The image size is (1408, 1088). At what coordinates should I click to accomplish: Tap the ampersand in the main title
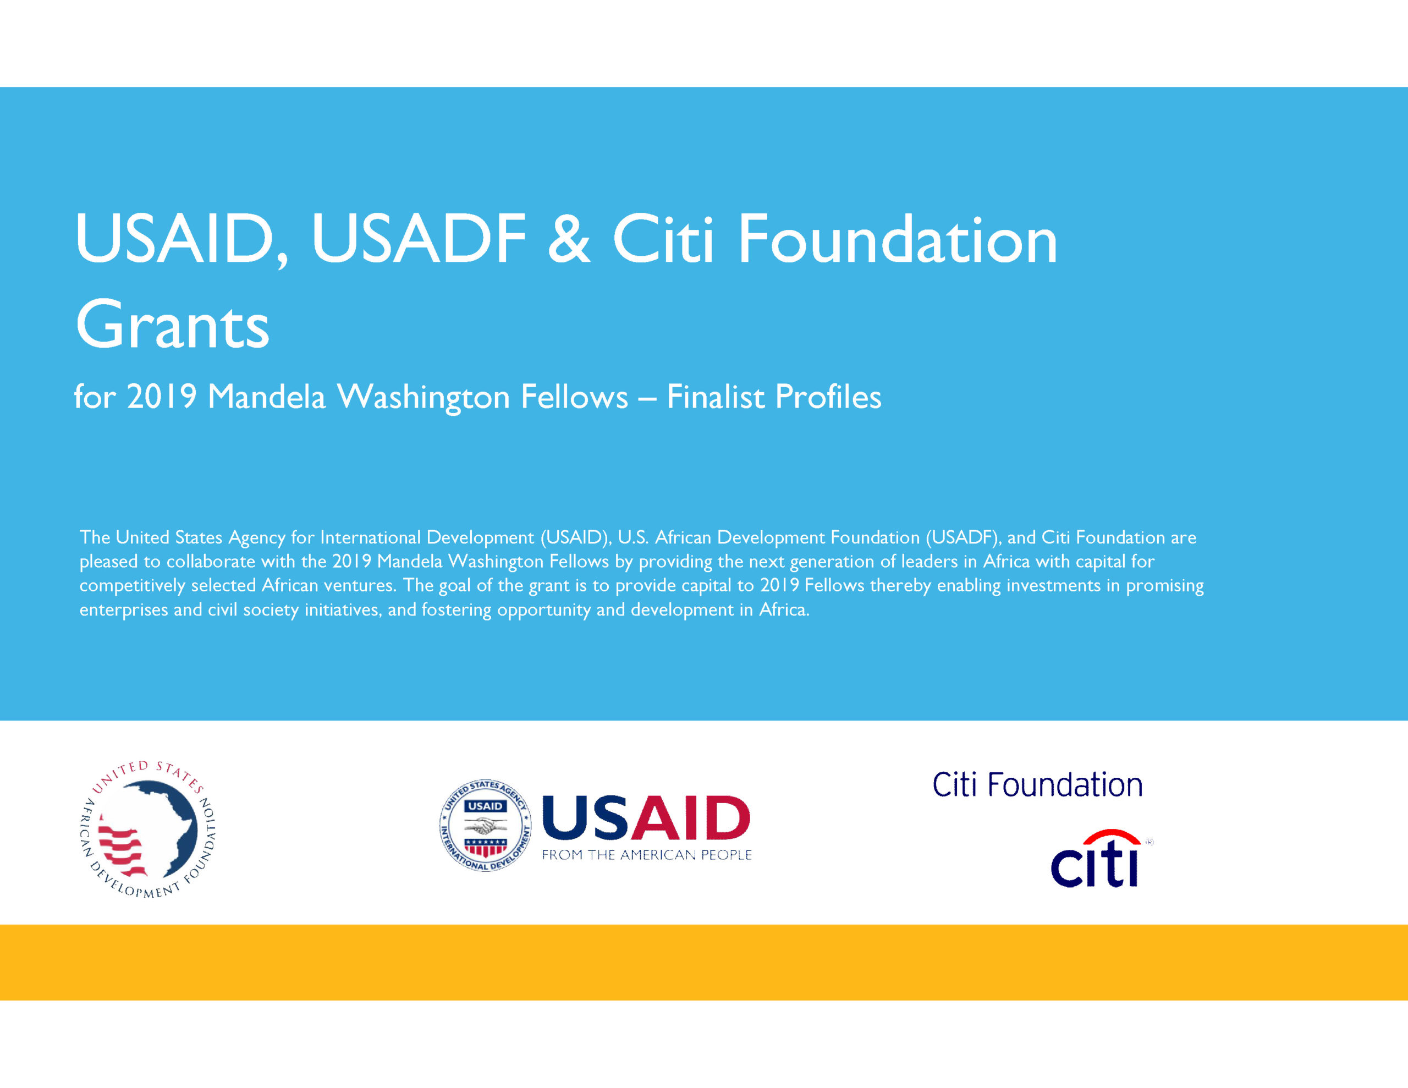[569, 239]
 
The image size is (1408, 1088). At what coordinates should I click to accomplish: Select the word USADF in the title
[419, 239]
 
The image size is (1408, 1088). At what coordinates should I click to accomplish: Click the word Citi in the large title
[663, 239]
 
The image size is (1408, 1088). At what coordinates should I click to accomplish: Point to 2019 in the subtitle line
[161, 396]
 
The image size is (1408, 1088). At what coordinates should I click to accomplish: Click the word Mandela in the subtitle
[266, 396]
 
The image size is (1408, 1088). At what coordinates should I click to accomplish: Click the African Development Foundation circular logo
[147, 829]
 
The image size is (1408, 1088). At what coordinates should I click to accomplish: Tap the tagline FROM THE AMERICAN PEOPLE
[647, 855]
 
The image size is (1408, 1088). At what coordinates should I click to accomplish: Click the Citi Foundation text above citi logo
[1037, 785]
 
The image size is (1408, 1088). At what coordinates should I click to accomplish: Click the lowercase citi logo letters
[1094, 864]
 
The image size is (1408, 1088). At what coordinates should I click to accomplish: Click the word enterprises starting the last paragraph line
[123, 610]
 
